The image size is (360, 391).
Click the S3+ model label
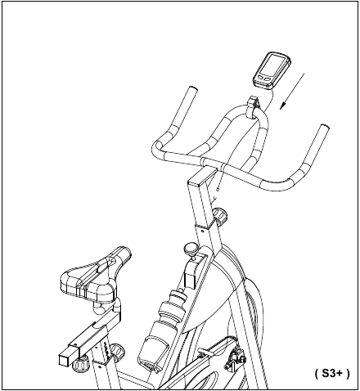pos(332,373)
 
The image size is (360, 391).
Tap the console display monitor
pos(272,70)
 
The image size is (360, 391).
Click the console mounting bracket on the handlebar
pos(254,106)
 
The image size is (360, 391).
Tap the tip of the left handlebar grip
pos(192,89)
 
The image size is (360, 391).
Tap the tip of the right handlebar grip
pos(324,127)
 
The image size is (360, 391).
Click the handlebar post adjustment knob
pos(220,215)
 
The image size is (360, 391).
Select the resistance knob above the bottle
pos(191,249)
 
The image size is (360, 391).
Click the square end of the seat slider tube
pos(64,360)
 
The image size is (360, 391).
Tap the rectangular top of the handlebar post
pos(202,177)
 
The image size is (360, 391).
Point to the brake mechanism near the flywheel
pos(235,357)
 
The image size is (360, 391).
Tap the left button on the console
pos(262,77)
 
